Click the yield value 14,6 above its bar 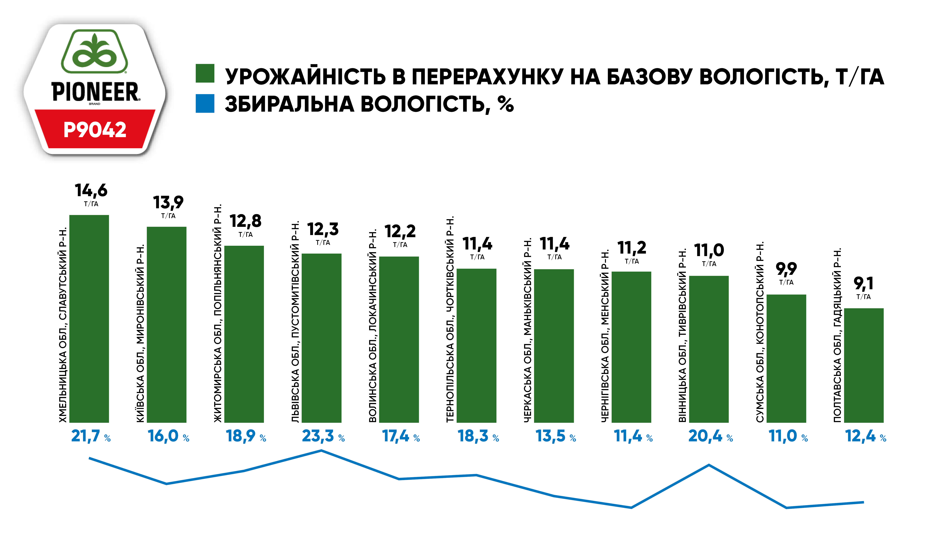click(x=91, y=190)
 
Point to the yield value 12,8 click(x=246, y=221)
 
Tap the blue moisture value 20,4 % click(x=705, y=436)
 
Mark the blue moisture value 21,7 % click(x=86, y=436)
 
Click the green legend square click(x=205, y=73)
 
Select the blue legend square click(x=205, y=103)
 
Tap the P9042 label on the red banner click(x=95, y=130)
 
